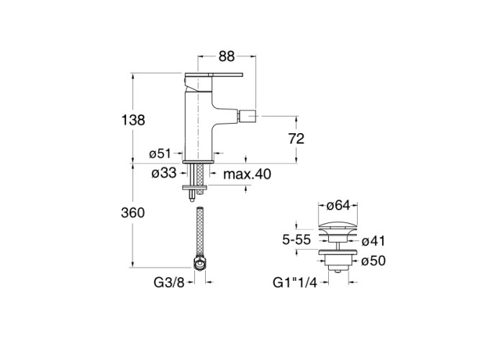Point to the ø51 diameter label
159,153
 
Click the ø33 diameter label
164,173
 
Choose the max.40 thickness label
248,174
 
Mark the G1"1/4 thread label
297,283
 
